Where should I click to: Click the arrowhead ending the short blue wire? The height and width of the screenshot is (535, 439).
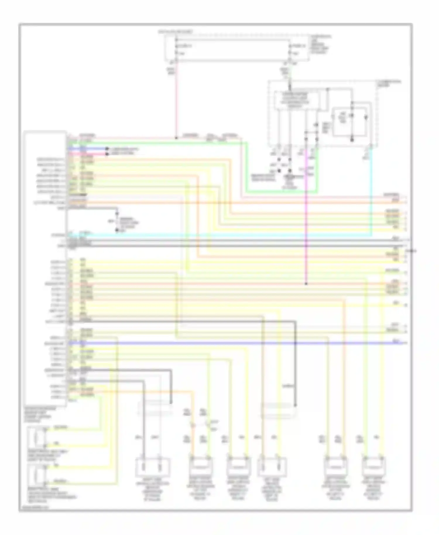click(107, 149)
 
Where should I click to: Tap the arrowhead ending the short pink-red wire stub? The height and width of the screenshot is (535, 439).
click(107, 153)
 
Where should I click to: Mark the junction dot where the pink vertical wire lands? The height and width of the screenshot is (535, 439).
click(176, 138)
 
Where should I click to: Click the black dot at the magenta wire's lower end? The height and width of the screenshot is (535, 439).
click(306, 284)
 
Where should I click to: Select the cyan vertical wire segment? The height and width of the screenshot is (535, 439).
click(372, 190)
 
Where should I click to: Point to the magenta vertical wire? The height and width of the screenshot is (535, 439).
click(306, 220)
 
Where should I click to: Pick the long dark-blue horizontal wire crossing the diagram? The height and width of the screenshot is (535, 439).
click(234, 343)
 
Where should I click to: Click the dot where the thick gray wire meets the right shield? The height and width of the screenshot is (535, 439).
click(295, 406)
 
